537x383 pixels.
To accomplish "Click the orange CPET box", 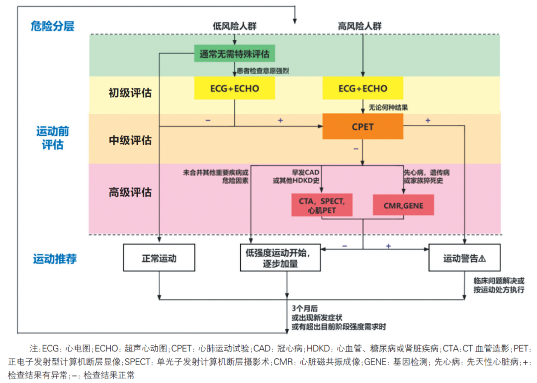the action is pos(362,126).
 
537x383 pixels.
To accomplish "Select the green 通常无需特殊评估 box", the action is pos(235,53).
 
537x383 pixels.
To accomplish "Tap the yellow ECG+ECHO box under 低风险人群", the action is pos(235,88).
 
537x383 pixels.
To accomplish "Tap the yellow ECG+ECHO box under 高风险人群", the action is pos(362,88).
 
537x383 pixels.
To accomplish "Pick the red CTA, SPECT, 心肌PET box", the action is pos(322,205).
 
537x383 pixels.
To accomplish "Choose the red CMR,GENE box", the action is pos(403,205).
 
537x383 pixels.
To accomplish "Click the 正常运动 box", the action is pos(159,258).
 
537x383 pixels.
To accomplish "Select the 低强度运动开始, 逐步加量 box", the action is pos(280,258).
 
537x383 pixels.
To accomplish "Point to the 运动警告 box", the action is pos(464,258).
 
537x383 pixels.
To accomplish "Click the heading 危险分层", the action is pos(52,26).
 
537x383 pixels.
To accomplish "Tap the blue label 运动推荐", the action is pos(55,259).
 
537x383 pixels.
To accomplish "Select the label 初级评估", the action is pos(130,93).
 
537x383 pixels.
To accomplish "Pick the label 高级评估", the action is pos(130,192).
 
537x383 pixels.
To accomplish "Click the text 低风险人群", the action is pos(235,26).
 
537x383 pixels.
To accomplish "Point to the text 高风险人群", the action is pos(359,26).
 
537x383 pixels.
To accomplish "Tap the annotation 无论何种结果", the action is pos(388,107).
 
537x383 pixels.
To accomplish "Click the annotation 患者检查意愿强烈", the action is pos(263,71).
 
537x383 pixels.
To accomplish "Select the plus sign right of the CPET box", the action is pos(428,120).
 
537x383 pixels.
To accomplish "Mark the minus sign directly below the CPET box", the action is pos(356,149).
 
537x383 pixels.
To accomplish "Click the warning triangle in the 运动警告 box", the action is pos(482,259).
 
